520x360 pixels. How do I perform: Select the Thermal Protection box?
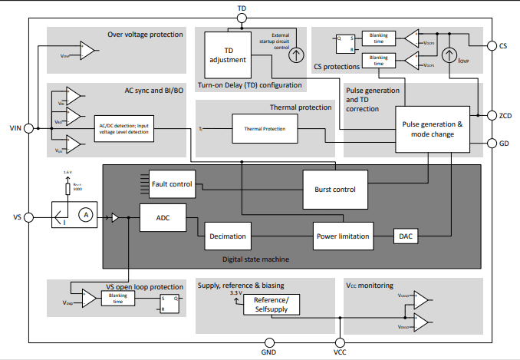(x=263, y=129)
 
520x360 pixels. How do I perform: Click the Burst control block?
(x=334, y=188)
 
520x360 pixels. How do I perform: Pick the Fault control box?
(x=173, y=183)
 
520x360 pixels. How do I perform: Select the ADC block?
(x=163, y=218)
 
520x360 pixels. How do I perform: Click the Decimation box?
(x=228, y=236)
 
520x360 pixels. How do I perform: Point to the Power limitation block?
(x=343, y=236)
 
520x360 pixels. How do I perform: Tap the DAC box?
(x=406, y=236)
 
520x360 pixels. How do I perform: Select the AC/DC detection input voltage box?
(x=123, y=130)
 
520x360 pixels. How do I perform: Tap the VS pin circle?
(x=29, y=218)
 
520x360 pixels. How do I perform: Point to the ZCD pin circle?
(x=491, y=115)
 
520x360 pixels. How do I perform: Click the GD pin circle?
(x=491, y=143)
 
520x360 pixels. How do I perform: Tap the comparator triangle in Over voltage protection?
(x=88, y=51)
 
